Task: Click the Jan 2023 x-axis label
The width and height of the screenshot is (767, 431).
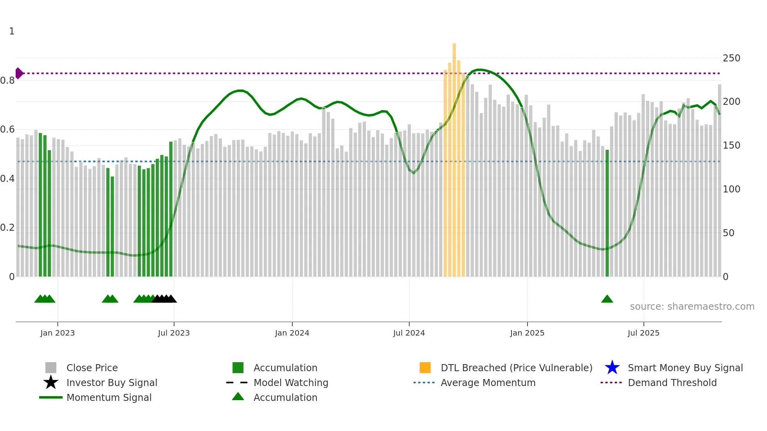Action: pyautogui.click(x=57, y=333)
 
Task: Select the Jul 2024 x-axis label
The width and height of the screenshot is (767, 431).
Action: pyautogui.click(x=409, y=333)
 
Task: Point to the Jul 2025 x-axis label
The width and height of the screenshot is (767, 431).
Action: pyautogui.click(x=643, y=333)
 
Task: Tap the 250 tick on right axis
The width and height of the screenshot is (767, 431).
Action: pyautogui.click(x=731, y=58)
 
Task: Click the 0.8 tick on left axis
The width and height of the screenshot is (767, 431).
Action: pyautogui.click(x=7, y=81)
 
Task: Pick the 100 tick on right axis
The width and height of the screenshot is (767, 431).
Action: pyautogui.click(x=731, y=189)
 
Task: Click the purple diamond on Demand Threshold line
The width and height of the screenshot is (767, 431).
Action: pyautogui.click(x=19, y=73)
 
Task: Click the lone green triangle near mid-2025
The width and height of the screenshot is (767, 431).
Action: pyautogui.click(x=607, y=299)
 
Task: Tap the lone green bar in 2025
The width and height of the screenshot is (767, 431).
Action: pyautogui.click(x=607, y=213)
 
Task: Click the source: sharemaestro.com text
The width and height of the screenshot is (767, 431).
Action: pyautogui.click(x=692, y=307)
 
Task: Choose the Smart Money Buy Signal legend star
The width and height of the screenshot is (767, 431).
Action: pyautogui.click(x=612, y=368)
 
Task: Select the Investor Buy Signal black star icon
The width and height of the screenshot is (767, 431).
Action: pyautogui.click(x=51, y=383)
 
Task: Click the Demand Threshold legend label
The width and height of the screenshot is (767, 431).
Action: pyautogui.click(x=672, y=383)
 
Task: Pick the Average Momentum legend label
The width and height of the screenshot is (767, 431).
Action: pyautogui.click(x=488, y=383)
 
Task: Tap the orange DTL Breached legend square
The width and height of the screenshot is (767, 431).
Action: pyautogui.click(x=425, y=368)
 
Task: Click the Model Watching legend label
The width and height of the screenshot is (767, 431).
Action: pyautogui.click(x=291, y=383)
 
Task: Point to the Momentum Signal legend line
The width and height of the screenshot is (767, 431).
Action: pyautogui.click(x=51, y=397)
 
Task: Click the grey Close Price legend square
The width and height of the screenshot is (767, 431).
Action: pyautogui.click(x=51, y=368)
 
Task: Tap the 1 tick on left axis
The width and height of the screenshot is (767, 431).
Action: pyautogui.click(x=12, y=31)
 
